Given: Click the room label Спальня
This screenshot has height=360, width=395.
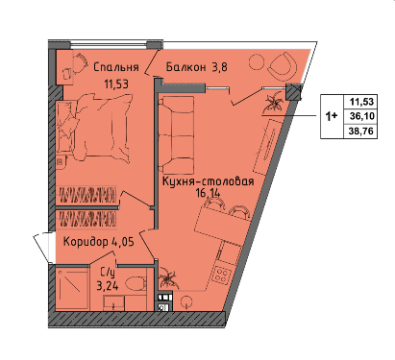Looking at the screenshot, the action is point(116,67).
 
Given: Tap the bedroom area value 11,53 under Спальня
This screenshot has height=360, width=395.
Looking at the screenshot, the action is point(116,84).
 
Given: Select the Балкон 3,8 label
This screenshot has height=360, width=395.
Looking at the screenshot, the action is point(197,67).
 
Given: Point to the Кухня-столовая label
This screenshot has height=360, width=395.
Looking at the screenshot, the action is point(209,181).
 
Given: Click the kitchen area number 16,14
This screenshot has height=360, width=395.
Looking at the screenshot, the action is point(209,193).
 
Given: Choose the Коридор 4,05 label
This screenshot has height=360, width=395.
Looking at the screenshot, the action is point(99,242).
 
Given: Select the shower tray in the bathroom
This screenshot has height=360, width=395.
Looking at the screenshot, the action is point(72,289).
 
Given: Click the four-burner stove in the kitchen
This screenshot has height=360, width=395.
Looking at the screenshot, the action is point(222,274).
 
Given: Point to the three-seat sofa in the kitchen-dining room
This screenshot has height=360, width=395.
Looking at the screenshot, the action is point(176,134).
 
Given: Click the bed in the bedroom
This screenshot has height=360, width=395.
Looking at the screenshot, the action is point(93,128).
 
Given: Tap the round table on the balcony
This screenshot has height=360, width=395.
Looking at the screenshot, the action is point(257,62).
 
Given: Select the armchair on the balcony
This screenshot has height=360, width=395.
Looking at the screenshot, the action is point(283,66).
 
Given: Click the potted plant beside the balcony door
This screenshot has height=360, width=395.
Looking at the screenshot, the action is point(272,103).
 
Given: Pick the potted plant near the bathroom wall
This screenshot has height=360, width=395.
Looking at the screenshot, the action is point(168,277).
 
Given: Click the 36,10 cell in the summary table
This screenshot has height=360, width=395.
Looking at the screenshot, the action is point(362,116).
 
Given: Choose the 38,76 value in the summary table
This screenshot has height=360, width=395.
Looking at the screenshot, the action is point(362,131).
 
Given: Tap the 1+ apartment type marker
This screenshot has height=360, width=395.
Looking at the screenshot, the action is point(332,116).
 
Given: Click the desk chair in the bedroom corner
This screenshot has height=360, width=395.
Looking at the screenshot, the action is point(80,62).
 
